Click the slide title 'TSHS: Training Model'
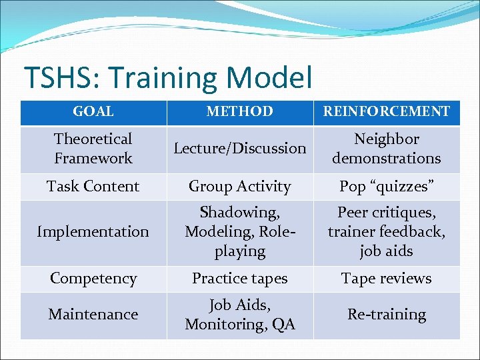point(167,78)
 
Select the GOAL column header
point(93,112)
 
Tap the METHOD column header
point(239,112)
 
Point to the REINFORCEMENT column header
point(387,112)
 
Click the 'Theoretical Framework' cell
point(93,149)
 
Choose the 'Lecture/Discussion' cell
point(239,149)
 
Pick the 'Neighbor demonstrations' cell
point(387,149)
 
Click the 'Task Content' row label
point(93,187)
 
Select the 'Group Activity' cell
point(239,187)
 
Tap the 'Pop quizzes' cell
point(387,187)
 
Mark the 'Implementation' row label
point(93,232)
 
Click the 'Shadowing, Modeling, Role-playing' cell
point(239,232)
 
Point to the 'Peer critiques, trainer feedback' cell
point(387,232)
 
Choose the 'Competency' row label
point(93,279)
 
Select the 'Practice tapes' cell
point(239,279)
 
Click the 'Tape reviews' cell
point(387,279)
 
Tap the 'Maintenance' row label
point(93,314)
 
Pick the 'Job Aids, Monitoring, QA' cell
point(239,315)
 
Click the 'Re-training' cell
point(387,314)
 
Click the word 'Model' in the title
point(269,78)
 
